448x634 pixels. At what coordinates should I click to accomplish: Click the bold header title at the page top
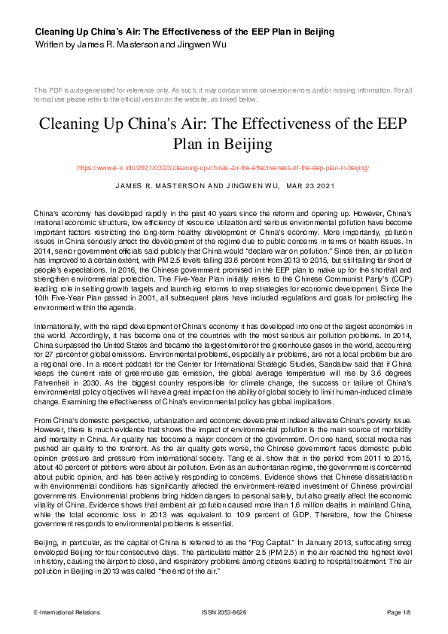click(184, 32)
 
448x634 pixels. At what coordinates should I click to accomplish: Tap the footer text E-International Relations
click(67, 613)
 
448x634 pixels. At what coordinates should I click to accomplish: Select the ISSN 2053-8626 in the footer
click(224, 613)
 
